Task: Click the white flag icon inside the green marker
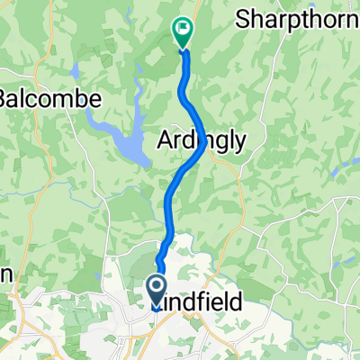(x=183, y=30)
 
